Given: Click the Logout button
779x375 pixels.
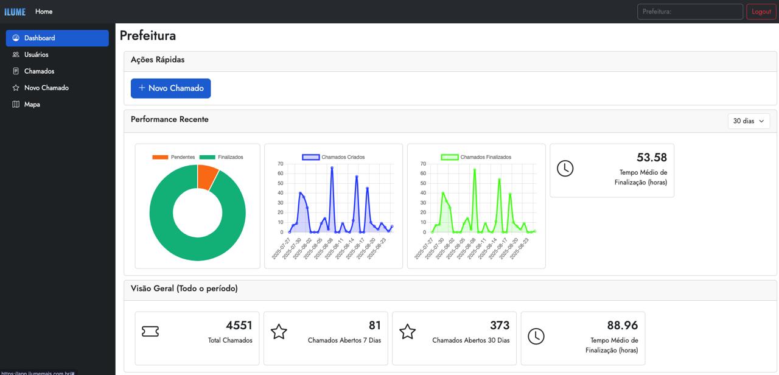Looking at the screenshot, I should point(761,12).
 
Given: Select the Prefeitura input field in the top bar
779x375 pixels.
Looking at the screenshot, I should point(690,12).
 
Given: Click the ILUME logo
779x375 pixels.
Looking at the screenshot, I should point(15,12).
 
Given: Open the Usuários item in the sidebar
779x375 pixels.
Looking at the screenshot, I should point(36,55).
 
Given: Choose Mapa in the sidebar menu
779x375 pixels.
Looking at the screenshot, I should point(32,105).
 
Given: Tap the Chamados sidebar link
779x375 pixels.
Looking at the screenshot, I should point(39,71).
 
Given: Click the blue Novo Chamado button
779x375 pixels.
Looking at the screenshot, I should point(171,88).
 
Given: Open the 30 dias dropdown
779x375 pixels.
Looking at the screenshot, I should point(749,121).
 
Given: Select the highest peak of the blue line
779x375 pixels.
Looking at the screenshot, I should point(332,168).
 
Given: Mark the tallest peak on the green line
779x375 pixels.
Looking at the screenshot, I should point(474,170).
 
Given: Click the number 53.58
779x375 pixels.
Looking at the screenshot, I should point(651,158).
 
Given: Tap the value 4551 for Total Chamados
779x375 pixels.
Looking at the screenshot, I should point(239,326).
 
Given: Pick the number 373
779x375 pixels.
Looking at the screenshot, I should point(499,326).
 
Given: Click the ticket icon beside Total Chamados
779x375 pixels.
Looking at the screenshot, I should point(150,331).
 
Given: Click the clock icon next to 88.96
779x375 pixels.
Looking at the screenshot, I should point(536,336).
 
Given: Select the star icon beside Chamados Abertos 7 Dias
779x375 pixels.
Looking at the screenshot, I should point(279,332).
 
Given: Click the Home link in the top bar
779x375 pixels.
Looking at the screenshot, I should point(44,12).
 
